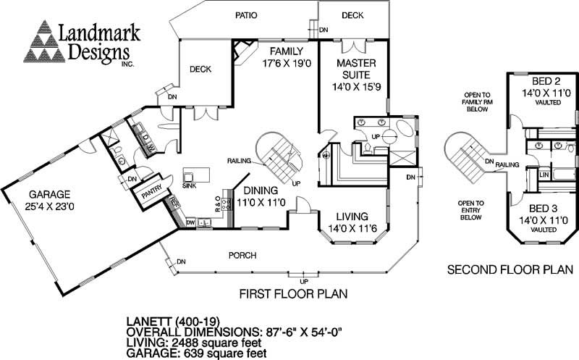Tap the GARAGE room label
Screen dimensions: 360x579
49,194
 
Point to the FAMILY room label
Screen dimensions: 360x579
286,51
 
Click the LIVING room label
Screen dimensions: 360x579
352,216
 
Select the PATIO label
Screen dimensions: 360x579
250,14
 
